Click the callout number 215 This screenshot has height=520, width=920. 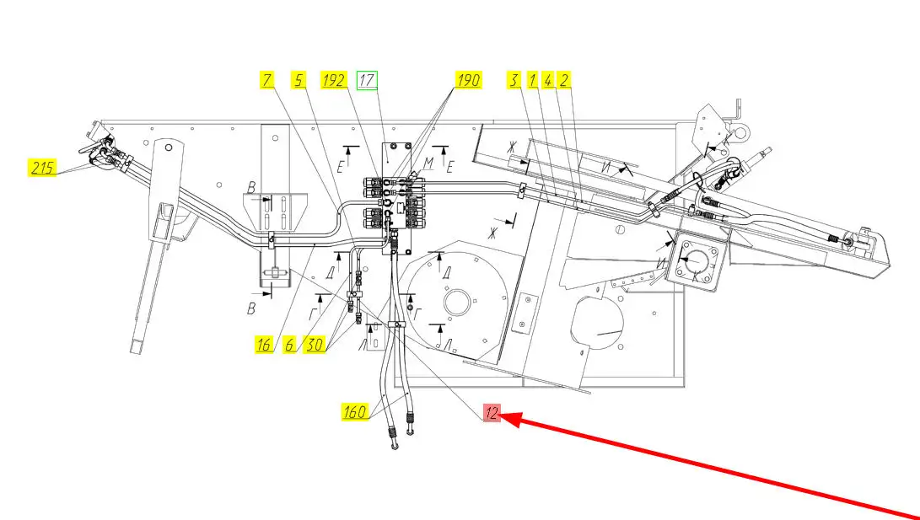tap(43, 168)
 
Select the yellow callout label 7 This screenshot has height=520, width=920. tap(267, 81)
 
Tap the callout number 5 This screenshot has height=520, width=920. tap(299, 81)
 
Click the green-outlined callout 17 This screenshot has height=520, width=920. tap(367, 81)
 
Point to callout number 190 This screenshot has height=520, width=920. tap(468, 81)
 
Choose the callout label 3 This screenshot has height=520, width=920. tap(514, 81)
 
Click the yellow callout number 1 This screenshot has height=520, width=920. tap(532, 81)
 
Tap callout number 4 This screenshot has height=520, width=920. tap(548, 81)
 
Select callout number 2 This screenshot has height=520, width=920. tap(565, 81)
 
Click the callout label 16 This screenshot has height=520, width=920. tap(265, 344)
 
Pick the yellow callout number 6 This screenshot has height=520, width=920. tap(290, 344)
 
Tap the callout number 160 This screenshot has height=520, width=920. tap(355, 412)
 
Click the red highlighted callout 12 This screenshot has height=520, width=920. tap(492, 413)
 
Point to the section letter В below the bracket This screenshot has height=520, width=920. tap(250, 309)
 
